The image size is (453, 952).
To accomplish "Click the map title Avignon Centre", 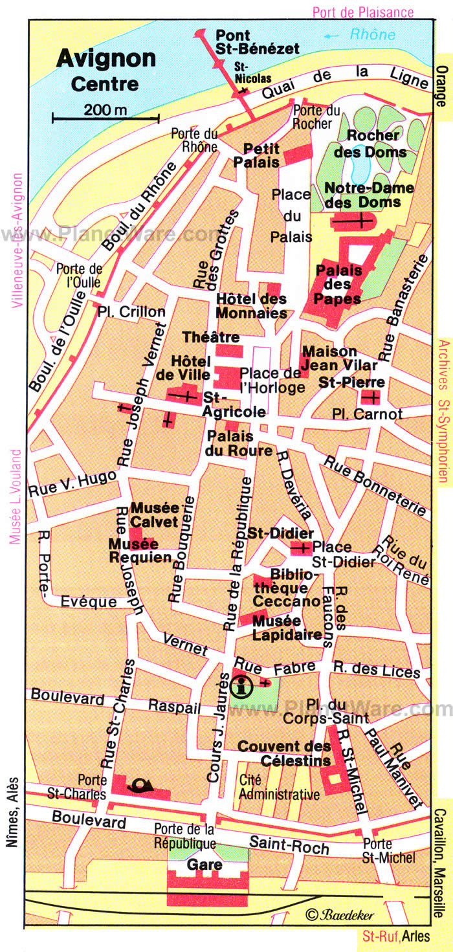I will click(105, 70).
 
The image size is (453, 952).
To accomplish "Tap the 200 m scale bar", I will click(105, 117).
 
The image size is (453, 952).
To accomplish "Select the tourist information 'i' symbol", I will click(242, 684).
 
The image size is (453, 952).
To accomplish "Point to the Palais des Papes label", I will click(338, 283).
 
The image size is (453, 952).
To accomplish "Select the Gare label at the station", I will click(204, 865).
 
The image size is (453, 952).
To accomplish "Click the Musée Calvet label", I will click(155, 514).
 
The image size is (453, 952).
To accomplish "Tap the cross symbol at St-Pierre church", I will click(371, 397).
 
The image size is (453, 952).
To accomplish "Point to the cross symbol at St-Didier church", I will click(301, 549).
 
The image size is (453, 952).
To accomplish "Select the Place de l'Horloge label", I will click(271, 381).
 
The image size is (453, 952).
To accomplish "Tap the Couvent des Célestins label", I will click(284, 753).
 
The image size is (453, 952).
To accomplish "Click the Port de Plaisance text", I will click(362, 12).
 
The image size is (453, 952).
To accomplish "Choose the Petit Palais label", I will click(261, 155).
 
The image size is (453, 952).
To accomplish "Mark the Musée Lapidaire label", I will click(287, 627).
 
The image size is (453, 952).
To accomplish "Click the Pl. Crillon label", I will click(131, 312).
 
